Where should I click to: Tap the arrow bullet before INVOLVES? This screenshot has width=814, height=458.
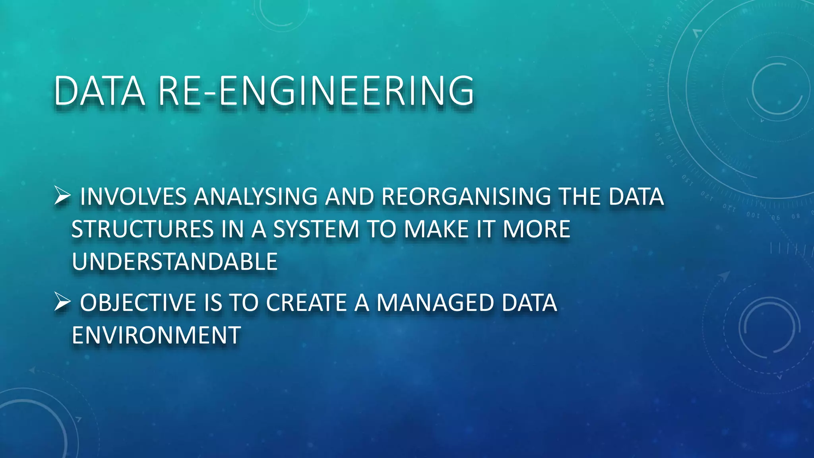(62, 196)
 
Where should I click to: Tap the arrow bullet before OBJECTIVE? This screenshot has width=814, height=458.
(62, 302)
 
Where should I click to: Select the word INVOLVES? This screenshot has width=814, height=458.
(133, 196)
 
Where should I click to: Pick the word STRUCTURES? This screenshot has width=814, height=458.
(143, 229)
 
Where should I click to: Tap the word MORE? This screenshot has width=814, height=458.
(536, 229)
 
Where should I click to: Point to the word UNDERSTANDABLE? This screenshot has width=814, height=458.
(174, 262)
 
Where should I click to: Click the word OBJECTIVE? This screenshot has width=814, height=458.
(138, 302)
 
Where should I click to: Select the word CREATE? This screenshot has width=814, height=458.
(306, 302)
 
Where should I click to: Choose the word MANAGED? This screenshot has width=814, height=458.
(435, 302)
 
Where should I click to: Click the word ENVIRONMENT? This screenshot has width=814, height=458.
(156, 335)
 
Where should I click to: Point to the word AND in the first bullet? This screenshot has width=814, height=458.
(349, 196)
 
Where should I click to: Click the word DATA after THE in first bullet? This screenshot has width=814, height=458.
(636, 196)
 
